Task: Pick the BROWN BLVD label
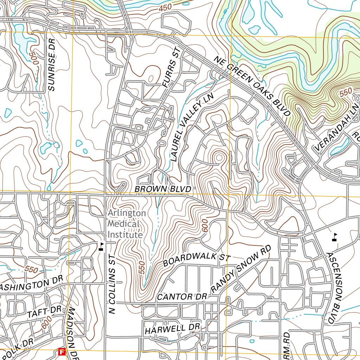coord(163,189)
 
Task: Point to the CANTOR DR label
coord(181,297)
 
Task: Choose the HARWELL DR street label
coord(172,329)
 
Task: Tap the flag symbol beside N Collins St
coord(101,246)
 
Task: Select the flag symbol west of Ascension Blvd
coord(335,237)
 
